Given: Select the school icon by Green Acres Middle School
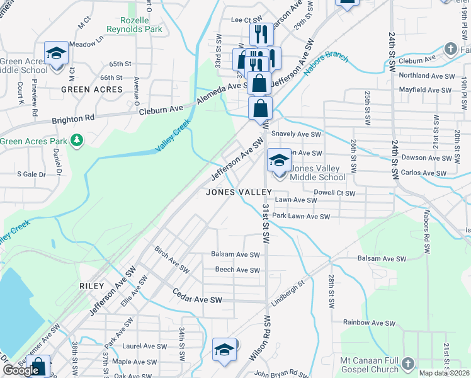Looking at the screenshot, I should point(56,53).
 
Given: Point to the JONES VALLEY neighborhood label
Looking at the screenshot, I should point(239,192).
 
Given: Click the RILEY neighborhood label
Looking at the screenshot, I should point(91,286).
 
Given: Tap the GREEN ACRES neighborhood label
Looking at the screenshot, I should point(91,90).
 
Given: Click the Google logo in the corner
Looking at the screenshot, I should point(21,370).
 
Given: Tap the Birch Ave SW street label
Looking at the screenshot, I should point(172,260).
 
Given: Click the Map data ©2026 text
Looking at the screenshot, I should point(445,373).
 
